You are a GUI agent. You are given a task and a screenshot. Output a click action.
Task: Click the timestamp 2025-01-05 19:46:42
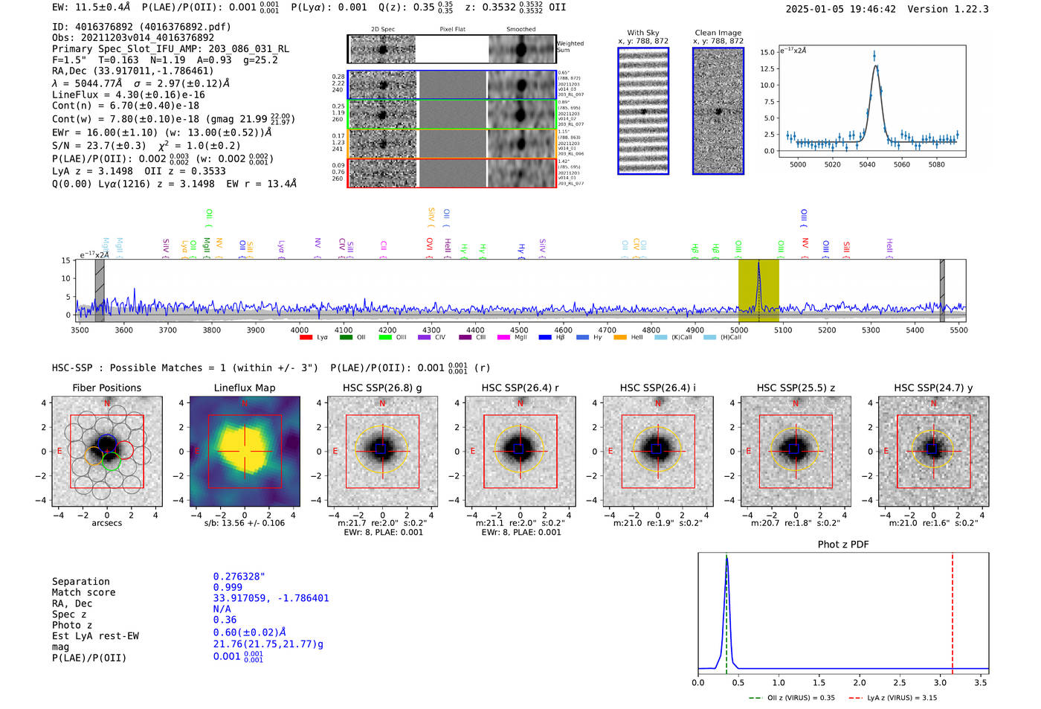[840, 9]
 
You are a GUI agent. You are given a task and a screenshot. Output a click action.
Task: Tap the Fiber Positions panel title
[106, 388]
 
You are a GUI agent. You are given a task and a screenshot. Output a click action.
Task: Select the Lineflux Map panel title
[244, 388]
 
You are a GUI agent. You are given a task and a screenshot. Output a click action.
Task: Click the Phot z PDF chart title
[843, 545]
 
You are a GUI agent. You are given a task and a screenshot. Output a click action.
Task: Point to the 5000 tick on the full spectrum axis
[739, 330]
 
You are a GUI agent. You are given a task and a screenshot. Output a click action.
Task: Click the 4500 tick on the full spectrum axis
[519, 330]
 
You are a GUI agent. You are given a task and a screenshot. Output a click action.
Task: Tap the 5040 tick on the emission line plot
[867, 164]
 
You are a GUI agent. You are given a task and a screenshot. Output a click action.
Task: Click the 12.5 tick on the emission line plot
[766, 68]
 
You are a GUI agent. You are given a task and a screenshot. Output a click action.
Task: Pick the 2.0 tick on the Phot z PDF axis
[860, 682]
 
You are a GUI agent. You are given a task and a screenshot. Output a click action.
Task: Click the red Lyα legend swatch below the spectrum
[306, 338]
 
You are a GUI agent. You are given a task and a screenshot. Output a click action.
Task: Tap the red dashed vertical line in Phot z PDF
[953, 610]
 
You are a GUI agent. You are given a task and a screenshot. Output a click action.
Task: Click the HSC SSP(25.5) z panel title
[796, 388]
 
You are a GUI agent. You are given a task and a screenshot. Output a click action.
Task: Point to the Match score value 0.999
[228, 588]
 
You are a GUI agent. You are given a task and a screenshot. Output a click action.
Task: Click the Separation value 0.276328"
[239, 577]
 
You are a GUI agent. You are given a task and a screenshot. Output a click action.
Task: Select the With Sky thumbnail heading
[642, 33]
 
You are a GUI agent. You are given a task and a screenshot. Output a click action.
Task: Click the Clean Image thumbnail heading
[718, 33]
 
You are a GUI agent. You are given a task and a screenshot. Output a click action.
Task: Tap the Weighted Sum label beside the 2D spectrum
[570, 47]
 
